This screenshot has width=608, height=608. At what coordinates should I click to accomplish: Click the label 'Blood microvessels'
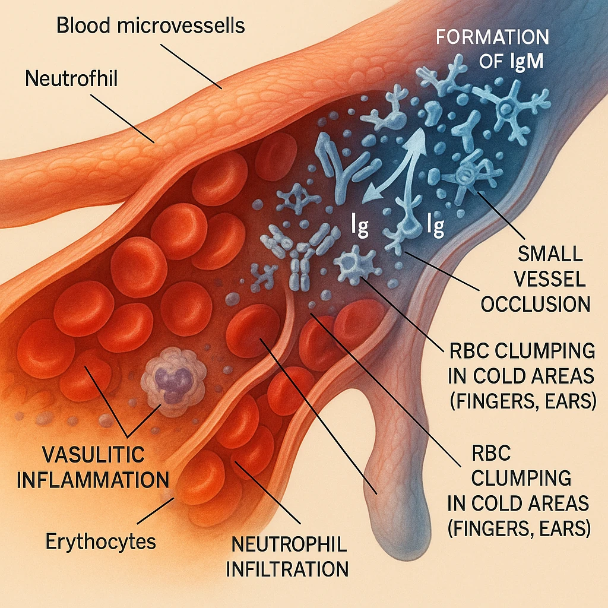click(x=151, y=27)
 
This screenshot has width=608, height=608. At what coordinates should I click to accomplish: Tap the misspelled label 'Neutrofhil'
click(x=71, y=78)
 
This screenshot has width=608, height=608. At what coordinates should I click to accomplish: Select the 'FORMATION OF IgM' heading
click(x=492, y=49)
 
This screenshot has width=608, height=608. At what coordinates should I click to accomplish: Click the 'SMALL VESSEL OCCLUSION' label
click(x=535, y=279)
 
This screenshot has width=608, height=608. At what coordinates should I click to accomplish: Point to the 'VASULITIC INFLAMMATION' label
click(x=92, y=467)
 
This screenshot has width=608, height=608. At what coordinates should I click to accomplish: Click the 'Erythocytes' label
click(x=101, y=541)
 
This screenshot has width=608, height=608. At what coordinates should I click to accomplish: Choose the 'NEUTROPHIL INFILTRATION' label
click(x=287, y=556)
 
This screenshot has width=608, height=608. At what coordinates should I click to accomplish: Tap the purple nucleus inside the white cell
click(x=173, y=383)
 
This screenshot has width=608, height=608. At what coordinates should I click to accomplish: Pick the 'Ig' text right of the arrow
click(x=436, y=226)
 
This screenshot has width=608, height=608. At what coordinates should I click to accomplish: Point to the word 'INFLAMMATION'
click(x=92, y=479)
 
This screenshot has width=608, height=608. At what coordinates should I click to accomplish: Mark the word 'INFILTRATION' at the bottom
click(x=287, y=569)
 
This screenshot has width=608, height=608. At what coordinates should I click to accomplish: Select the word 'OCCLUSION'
click(x=535, y=304)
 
